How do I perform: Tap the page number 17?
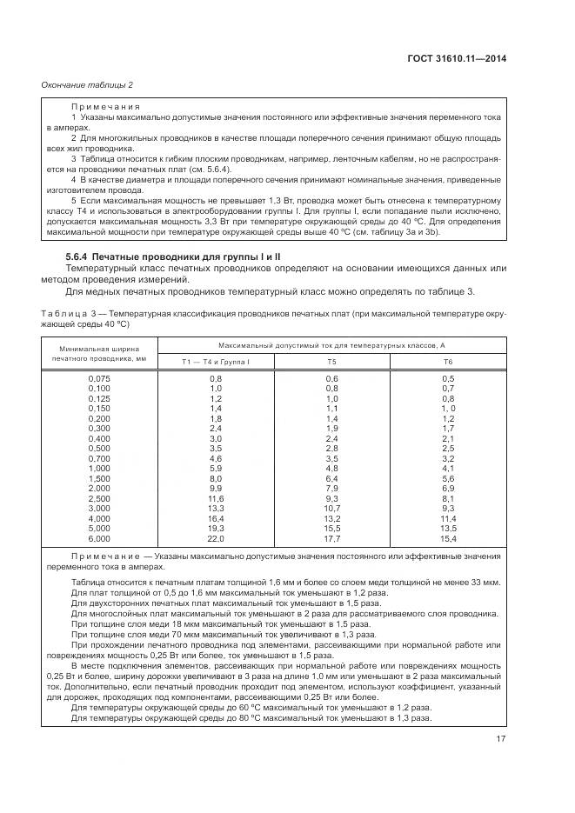click(x=499, y=740)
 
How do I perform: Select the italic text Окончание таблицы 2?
click(x=87, y=84)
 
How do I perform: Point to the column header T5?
click(x=332, y=361)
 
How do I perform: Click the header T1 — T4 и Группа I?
click(x=216, y=361)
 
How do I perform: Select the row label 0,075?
click(x=99, y=378)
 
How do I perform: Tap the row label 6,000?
click(x=99, y=538)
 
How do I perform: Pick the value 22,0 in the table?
click(x=216, y=538)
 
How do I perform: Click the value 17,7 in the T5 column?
click(x=332, y=538)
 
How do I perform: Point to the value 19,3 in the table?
click(x=216, y=528)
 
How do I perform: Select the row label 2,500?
click(x=99, y=498)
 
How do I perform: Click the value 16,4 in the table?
click(x=216, y=518)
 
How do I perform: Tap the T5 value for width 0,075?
click(x=332, y=378)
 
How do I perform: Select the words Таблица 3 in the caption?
click(x=72, y=311)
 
